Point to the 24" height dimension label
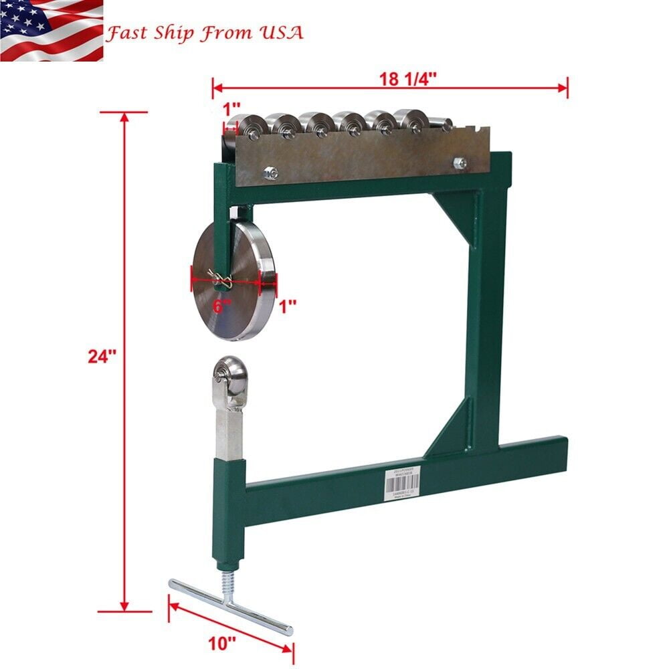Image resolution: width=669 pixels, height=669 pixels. coord(102,356)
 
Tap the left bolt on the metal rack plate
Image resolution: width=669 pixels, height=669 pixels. coord(270,173)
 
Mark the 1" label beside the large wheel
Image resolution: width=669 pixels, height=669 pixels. coord(287,306)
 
